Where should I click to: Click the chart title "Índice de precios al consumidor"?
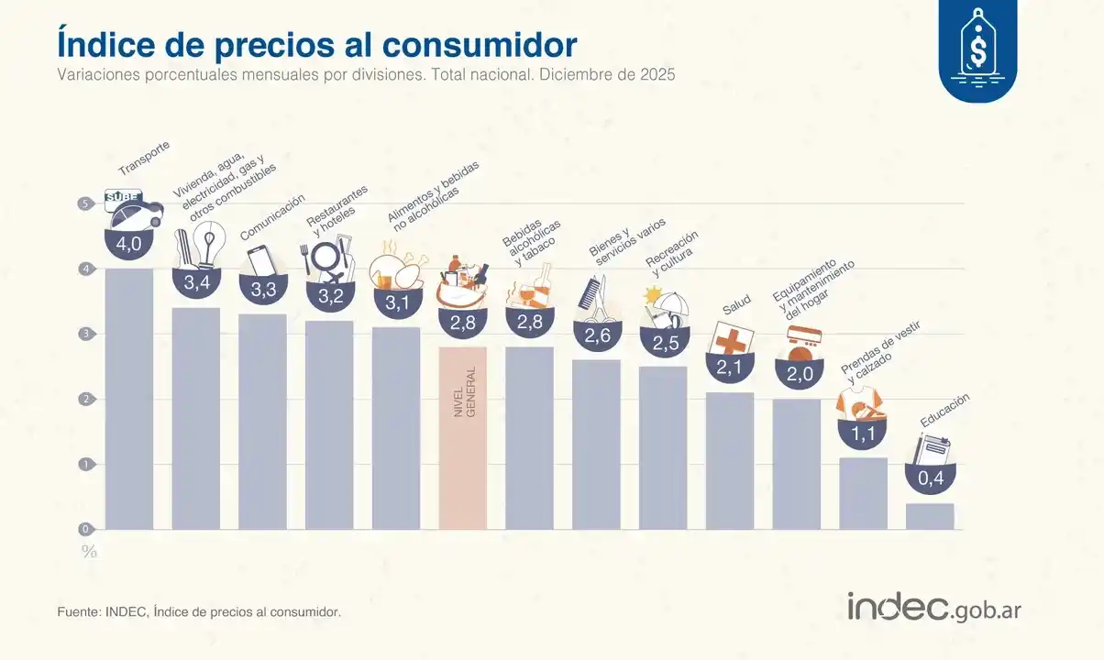coord(317,43)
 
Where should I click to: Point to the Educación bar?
coord(930,516)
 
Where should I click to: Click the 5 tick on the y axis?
coord(84,203)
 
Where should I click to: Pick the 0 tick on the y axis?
coord(84,529)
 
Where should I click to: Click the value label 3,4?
coord(196,283)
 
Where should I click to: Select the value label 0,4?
coord(930,478)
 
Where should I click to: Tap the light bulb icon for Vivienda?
coord(211,243)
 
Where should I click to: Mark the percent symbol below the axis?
coord(89,552)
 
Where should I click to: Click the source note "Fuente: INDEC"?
coord(199,610)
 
